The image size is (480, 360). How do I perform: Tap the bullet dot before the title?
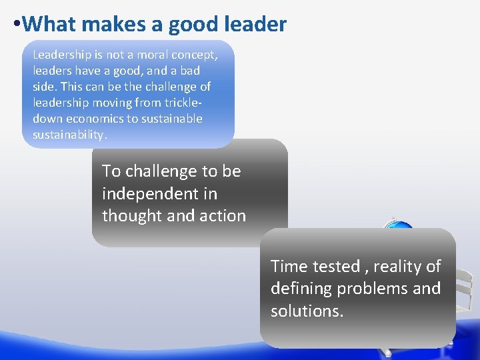[x=16, y=25]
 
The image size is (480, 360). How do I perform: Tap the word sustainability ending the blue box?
[x=69, y=135]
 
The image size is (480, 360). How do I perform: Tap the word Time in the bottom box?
[x=286, y=267]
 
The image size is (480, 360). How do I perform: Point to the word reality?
[x=397, y=267]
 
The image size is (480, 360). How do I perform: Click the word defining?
[x=301, y=289]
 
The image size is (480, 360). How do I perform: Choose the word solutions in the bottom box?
[x=307, y=311]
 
